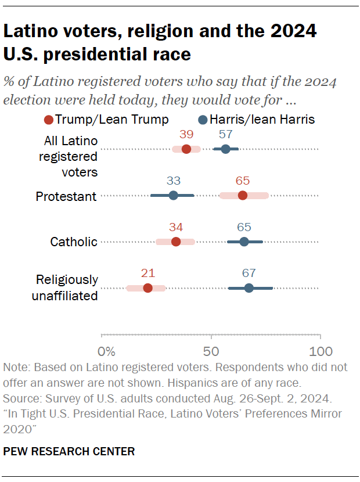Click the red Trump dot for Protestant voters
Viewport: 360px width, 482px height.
(x=243, y=196)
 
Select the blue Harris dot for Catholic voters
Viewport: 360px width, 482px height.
(x=244, y=242)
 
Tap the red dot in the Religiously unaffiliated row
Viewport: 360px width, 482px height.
(x=147, y=288)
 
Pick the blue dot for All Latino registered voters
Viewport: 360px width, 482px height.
(x=226, y=149)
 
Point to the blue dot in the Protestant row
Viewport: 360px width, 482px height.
(x=173, y=196)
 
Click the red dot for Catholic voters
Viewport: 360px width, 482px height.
(x=176, y=242)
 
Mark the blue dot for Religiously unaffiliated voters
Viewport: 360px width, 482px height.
(x=249, y=288)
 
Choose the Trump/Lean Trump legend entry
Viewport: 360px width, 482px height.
(x=106, y=120)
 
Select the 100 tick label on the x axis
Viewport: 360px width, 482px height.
(x=320, y=351)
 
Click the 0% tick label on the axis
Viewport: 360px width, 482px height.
(x=107, y=351)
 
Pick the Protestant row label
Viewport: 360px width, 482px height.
(x=66, y=196)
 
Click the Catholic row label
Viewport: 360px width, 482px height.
(x=73, y=242)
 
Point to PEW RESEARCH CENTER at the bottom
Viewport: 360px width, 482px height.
(x=69, y=451)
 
